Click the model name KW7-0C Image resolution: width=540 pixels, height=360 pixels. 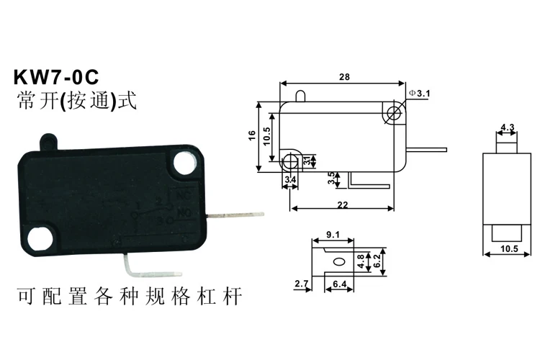[x=55, y=77]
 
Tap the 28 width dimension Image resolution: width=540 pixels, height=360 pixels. [x=343, y=76]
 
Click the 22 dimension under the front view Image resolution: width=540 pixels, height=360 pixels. [x=341, y=204]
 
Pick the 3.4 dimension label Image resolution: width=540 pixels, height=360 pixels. [x=290, y=179]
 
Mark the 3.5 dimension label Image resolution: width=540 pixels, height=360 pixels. [x=331, y=179]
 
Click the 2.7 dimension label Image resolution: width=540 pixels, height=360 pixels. [x=300, y=285]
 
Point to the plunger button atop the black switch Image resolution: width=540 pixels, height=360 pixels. [x=48, y=138]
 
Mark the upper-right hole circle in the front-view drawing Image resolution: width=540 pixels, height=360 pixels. [x=393, y=112]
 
